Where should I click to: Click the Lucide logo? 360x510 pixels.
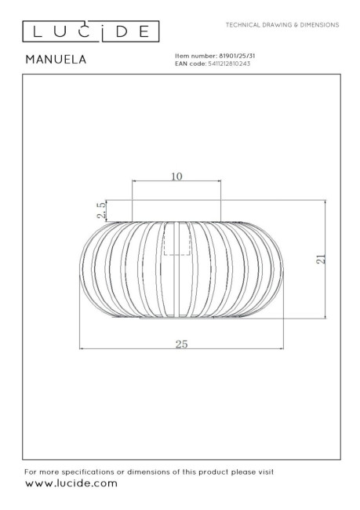pyautogui.click(x=91, y=31)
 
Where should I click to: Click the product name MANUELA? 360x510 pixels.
pyautogui.click(x=56, y=59)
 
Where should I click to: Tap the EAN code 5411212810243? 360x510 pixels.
pyautogui.click(x=229, y=64)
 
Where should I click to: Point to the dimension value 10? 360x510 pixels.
pyautogui.click(x=176, y=177)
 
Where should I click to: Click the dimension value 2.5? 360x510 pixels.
pyautogui.click(x=101, y=210)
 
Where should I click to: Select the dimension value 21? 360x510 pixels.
pyautogui.click(x=321, y=259)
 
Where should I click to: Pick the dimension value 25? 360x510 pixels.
pyautogui.click(x=181, y=344)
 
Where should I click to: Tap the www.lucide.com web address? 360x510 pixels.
pyautogui.click(x=71, y=483)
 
